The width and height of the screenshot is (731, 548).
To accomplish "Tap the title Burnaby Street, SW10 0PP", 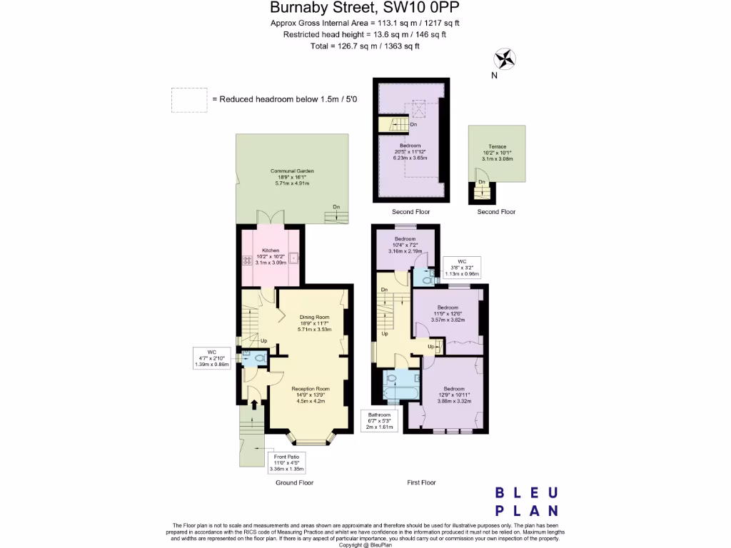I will click(x=365, y=9).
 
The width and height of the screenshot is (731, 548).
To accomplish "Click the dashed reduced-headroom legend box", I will click(x=188, y=100).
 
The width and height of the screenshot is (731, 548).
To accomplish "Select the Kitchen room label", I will click(x=271, y=256).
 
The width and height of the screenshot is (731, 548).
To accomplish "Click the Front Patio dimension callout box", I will click(x=287, y=462).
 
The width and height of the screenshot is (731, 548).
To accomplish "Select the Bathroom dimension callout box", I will click(x=379, y=421).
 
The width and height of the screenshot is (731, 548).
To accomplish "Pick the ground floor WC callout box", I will click(x=211, y=358).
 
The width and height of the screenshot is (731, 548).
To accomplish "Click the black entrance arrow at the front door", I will click(x=255, y=405).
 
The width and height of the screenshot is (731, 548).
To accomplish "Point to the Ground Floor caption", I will click(x=295, y=483).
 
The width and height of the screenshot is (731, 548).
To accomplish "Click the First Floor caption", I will click(x=421, y=483).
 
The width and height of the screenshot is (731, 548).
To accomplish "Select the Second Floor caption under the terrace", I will click(x=496, y=212).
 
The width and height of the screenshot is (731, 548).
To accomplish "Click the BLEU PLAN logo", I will click(x=527, y=501).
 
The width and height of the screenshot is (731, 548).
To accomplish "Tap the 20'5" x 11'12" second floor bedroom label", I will click(x=410, y=151).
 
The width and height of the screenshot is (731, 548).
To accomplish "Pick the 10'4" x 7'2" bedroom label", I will click(x=405, y=245).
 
